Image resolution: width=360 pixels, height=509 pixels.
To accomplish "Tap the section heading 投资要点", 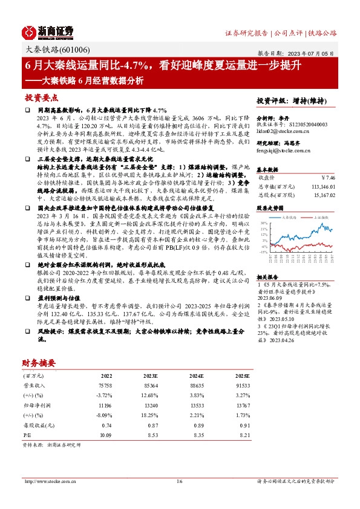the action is point(42,97).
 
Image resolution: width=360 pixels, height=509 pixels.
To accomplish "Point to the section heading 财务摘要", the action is point(39,362).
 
